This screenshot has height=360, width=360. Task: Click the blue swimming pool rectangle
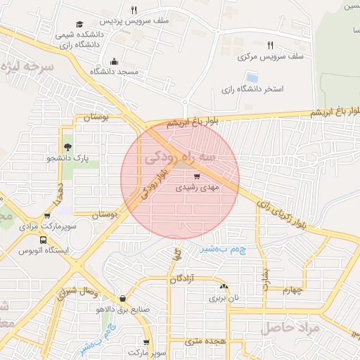(251, 77)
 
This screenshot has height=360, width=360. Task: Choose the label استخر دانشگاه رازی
(252, 89)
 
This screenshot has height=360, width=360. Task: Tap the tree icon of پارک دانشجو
(67, 147)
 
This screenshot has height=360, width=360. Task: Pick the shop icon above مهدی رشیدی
(197, 176)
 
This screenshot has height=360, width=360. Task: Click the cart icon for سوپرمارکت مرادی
(47, 216)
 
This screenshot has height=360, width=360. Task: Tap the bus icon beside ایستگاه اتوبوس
(44, 239)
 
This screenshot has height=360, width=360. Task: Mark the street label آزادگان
(183, 279)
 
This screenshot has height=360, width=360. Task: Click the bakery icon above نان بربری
(224, 286)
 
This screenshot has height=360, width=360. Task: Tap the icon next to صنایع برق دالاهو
(123, 298)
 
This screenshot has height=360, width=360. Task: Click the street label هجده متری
(206, 341)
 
